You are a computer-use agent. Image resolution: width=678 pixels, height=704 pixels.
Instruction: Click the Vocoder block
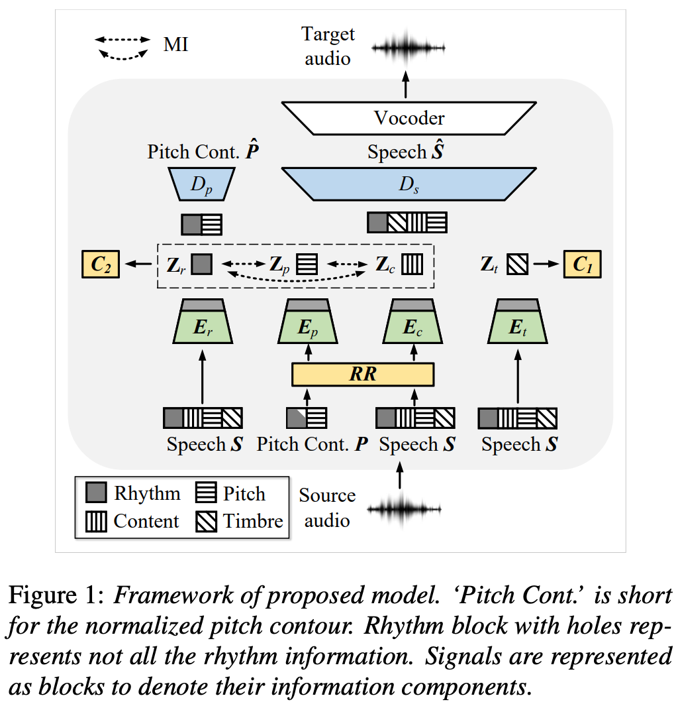409,118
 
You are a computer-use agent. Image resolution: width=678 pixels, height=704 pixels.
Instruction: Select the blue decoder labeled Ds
409,184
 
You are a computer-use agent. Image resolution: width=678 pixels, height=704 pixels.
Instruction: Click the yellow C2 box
100,264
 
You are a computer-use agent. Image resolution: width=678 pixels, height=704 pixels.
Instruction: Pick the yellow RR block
362,374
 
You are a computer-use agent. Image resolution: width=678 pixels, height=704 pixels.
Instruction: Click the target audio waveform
409,47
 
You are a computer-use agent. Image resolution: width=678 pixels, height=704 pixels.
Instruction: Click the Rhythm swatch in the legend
97,494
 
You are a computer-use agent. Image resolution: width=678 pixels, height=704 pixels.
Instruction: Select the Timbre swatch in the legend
207,522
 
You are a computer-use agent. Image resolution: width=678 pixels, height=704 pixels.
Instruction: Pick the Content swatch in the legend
97,522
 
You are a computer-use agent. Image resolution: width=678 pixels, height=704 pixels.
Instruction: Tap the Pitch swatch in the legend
207,494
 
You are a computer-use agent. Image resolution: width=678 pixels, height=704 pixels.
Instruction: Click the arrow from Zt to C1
547,264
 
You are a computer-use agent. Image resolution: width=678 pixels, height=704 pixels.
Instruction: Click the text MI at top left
175,45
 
